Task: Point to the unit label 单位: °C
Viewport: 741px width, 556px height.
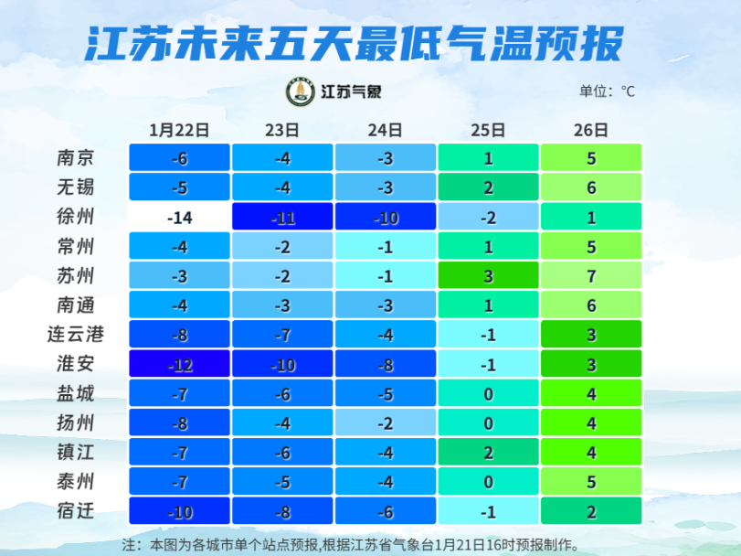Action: pos(606,91)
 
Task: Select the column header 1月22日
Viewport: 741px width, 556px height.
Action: pos(179,129)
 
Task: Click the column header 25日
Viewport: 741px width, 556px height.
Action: pos(488,129)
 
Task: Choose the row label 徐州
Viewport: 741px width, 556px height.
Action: pos(75,218)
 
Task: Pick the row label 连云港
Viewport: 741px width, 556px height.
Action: pos(75,335)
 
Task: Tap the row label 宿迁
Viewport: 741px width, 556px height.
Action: pos(75,510)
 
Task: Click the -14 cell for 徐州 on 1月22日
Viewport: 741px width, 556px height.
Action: pos(179,218)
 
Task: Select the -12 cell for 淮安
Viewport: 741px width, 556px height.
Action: pos(179,364)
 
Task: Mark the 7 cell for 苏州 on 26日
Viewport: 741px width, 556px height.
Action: pos(591,276)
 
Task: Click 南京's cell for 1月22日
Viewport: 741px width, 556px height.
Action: pos(179,158)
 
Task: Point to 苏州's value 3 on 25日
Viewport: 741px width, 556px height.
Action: pos(488,276)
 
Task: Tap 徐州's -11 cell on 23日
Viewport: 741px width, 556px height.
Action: pos(282,218)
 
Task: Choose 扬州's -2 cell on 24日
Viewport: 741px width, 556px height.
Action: pos(385,422)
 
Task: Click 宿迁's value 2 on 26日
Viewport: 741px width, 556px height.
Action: pos(591,510)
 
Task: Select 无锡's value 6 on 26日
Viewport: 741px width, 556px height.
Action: pos(591,187)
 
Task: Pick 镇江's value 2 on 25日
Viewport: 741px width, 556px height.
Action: pos(488,452)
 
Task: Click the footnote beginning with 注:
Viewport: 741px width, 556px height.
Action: pos(351,543)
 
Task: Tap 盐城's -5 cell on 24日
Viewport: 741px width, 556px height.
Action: pos(385,393)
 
